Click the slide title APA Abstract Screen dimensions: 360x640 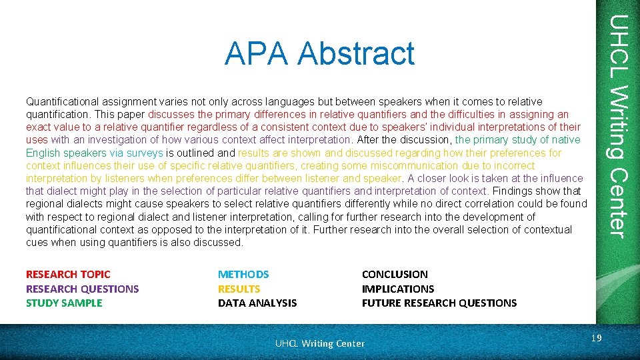[x=319, y=53]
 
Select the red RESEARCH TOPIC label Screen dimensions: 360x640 [x=68, y=274]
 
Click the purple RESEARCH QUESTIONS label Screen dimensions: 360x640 [x=82, y=289]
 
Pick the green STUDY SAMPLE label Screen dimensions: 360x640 [x=64, y=303]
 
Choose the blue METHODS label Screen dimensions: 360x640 [x=243, y=274]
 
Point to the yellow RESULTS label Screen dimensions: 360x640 [x=239, y=289]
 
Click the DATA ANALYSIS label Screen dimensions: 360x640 [x=257, y=303]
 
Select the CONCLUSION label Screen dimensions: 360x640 [x=395, y=274]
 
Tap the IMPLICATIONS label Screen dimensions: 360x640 [x=397, y=289]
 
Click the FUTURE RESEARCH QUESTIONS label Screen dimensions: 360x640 [x=439, y=303]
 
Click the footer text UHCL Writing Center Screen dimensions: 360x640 [x=320, y=343]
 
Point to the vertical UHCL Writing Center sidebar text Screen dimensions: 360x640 [x=618, y=127]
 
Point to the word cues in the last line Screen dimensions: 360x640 [x=37, y=242]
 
